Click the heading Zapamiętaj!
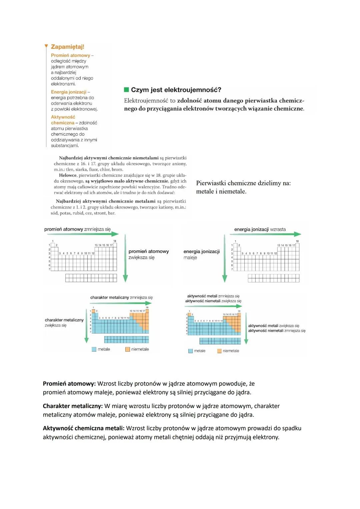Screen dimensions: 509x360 67,47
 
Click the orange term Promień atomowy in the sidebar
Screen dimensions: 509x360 70,55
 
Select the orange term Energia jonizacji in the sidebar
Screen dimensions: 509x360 69,92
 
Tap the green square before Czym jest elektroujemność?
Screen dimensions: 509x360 126,90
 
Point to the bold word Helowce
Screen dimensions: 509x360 68,175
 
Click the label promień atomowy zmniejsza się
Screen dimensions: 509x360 77,229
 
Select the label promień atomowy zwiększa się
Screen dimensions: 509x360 148,254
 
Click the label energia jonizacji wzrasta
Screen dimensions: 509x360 260,229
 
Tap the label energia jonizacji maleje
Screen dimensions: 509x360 201,254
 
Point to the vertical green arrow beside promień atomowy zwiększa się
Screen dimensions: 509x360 125,258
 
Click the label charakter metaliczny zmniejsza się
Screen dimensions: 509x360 121,297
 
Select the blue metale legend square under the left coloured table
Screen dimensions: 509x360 94,349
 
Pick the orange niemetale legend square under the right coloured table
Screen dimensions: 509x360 219,351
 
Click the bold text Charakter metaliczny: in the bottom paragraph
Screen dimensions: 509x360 73,406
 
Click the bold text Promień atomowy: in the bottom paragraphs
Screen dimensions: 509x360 69,384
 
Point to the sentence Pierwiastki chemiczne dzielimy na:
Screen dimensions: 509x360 243,183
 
